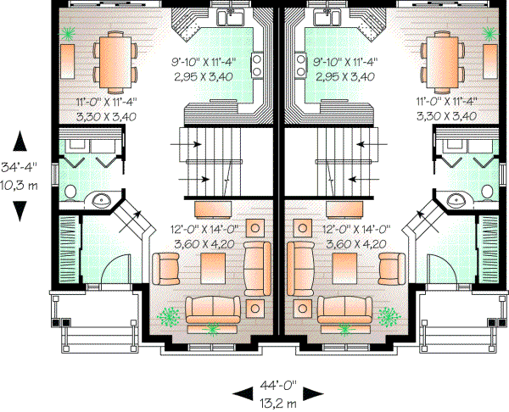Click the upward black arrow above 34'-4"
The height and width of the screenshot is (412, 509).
[20, 141]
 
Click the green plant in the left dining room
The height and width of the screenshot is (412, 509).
[67, 33]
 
